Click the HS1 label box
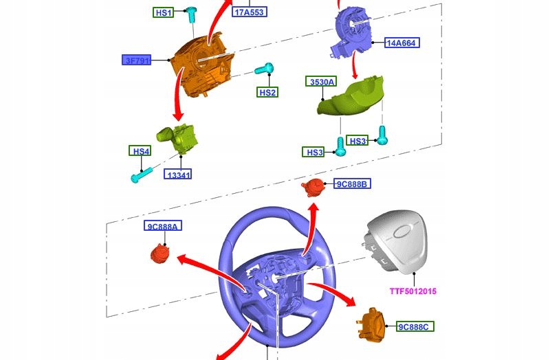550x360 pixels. (164, 12)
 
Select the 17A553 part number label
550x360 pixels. (250, 12)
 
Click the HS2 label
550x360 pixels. (267, 92)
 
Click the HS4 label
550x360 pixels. (140, 150)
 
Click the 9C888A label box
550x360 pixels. (162, 226)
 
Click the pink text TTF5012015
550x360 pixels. (413, 291)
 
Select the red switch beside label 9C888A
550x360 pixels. (161, 253)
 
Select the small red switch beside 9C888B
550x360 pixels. (314, 186)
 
